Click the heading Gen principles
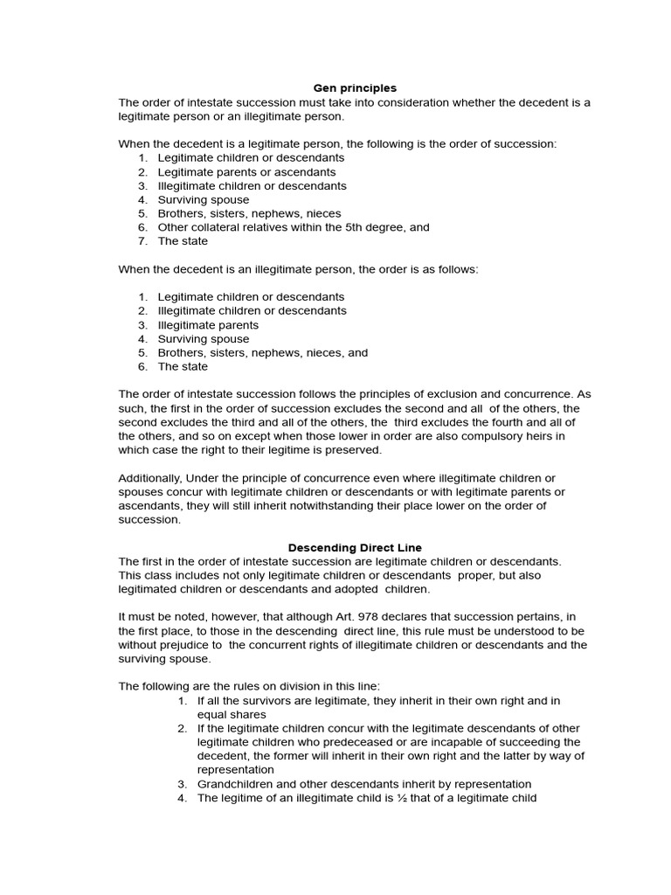coord(355,88)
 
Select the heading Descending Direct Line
coord(355,547)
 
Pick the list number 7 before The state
coord(142,241)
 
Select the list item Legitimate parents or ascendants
coord(246,172)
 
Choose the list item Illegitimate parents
coord(208,325)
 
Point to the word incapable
coord(477,742)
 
